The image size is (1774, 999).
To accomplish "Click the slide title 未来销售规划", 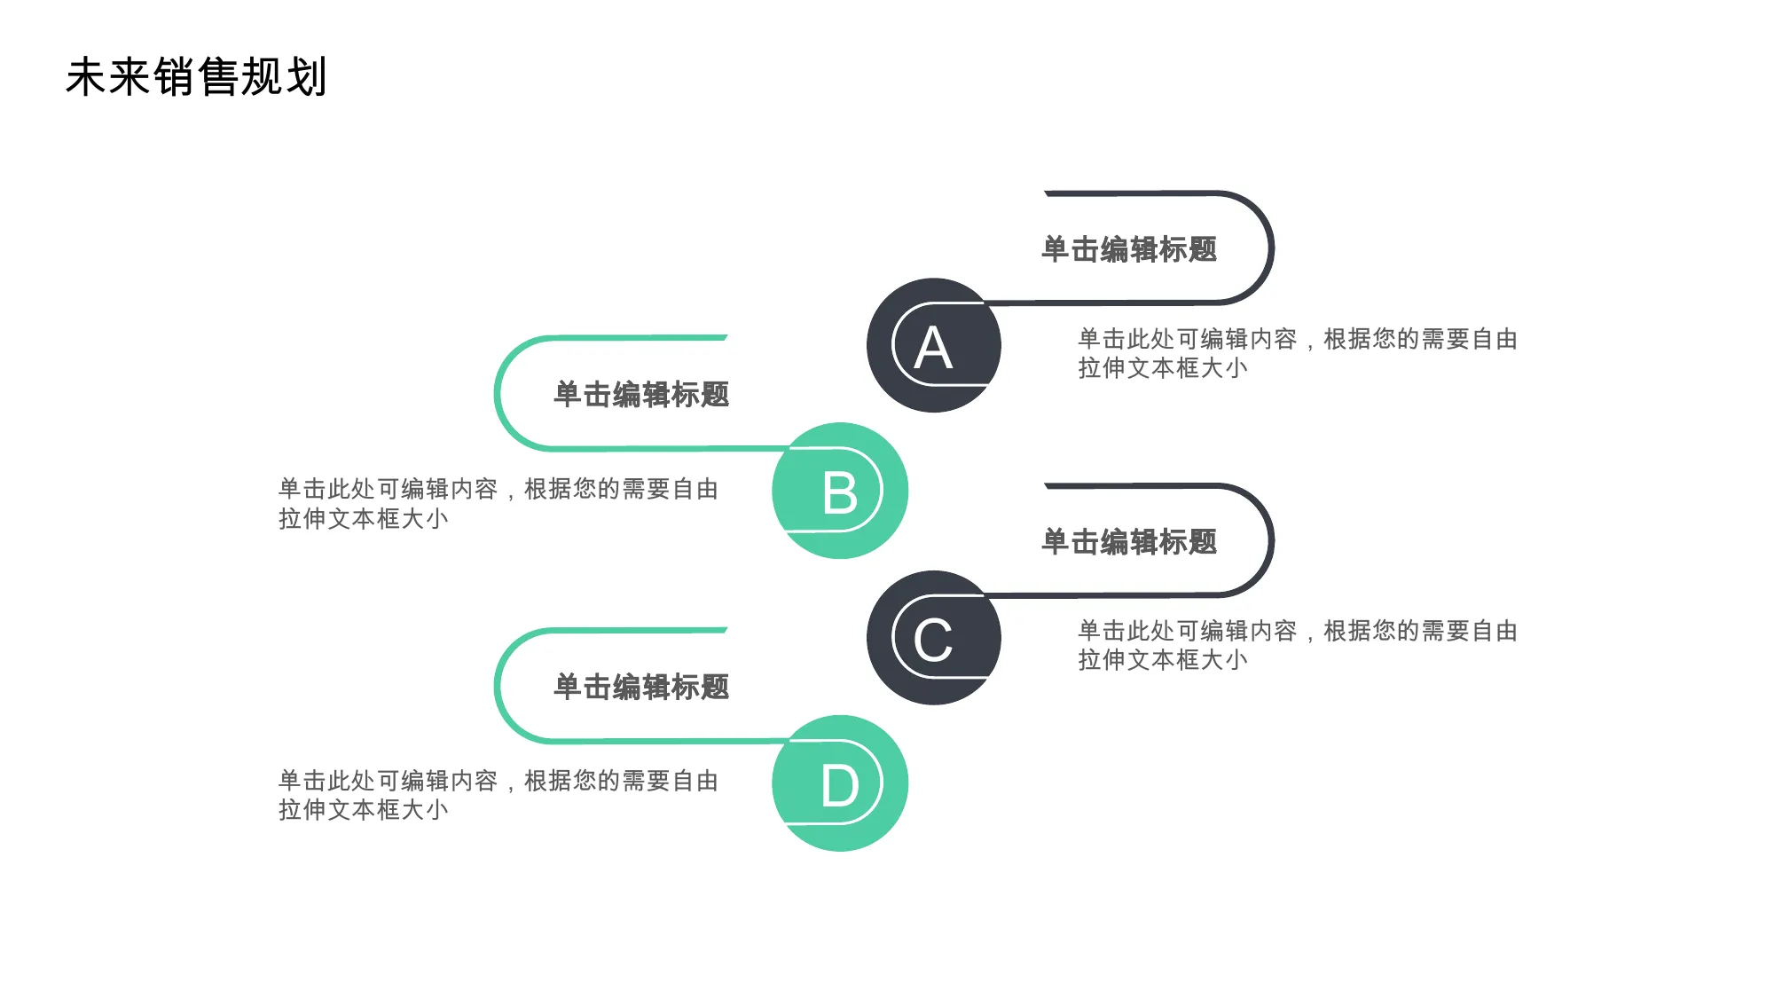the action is tap(197, 76).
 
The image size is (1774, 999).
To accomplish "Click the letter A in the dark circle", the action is tap(933, 348).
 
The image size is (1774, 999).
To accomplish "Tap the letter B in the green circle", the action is tap(840, 493).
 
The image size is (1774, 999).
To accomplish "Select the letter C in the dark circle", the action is tap(933, 641).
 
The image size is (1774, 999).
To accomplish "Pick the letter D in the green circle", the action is tap(840, 786).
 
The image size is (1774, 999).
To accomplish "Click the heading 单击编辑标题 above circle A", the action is tap(1129, 249).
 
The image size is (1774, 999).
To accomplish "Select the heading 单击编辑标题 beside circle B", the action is tap(641, 395).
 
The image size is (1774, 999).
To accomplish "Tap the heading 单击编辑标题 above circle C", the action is tap(1129, 541).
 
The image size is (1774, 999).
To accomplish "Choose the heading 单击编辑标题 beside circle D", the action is tap(641, 687).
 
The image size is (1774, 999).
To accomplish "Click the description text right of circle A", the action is tap(1297, 353).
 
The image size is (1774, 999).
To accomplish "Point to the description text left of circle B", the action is tap(498, 503).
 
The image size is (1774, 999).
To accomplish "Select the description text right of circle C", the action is tap(1297, 645).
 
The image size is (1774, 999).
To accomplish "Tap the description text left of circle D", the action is tap(498, 795).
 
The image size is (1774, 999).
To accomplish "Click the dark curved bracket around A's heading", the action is tap(1272, 248).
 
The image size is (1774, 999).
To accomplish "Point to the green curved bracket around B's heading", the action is tap(497, 393).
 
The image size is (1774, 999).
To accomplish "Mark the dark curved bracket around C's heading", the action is tap(1272, 540).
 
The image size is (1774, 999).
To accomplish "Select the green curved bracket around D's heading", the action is tap(497, 685).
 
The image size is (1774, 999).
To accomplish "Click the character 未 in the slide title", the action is tap(87, 76).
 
